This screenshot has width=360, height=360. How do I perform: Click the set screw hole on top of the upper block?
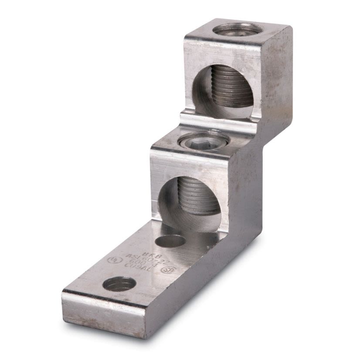click(x=238, y=29)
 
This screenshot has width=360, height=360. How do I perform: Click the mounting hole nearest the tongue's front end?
click(x=119, y=284)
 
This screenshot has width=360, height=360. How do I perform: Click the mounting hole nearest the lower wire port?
click(x=170, y=241)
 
